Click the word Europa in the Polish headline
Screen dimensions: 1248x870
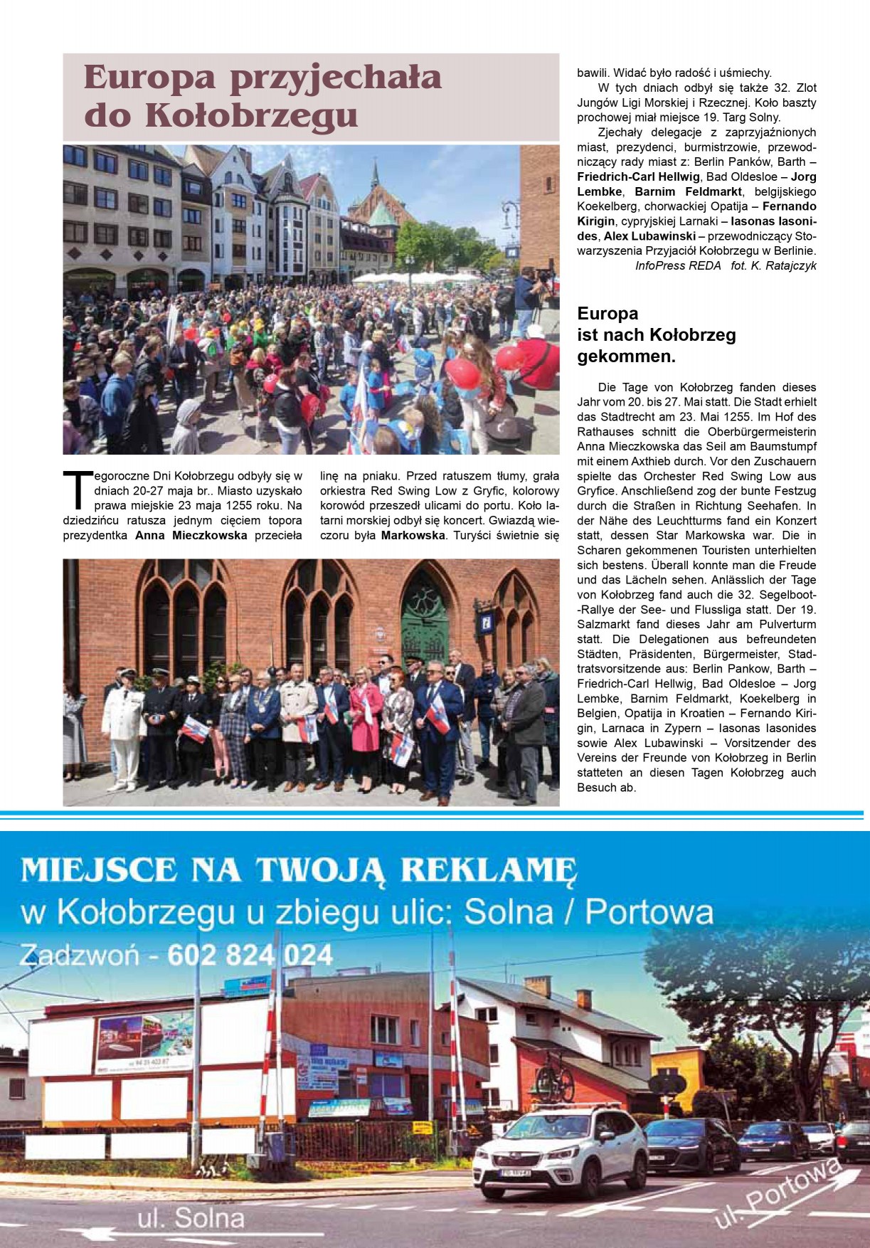pyautogui.click(x=149, y=78)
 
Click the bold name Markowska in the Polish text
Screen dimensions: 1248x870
pyautogui.click(x=413, y=535)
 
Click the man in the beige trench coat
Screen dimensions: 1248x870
pyautogui.click(x=298, y=719)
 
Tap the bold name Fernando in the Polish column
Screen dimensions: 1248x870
pyautogui.click(x=789, y=206)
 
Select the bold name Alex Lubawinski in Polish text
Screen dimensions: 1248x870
pyautogui.click(x=649, y=236)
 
